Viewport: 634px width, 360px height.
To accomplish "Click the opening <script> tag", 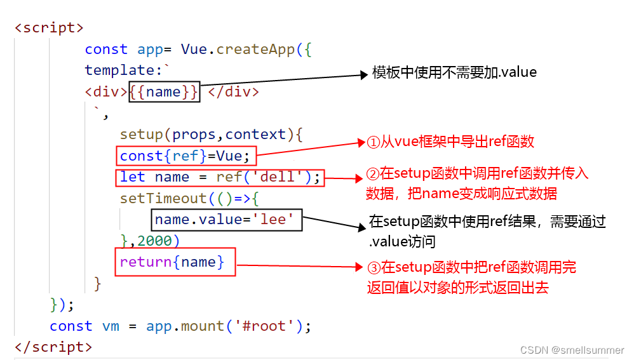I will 49,29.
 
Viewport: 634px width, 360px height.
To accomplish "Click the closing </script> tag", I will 53,347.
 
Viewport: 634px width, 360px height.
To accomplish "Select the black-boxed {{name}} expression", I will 164,91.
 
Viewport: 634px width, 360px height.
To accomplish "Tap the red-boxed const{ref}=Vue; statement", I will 188,156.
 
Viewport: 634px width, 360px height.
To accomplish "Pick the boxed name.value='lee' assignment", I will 226,220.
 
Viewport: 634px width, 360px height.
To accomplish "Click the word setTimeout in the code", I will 163,199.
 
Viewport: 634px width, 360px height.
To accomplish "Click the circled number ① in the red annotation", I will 373,142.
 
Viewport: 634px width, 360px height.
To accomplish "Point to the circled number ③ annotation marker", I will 373,268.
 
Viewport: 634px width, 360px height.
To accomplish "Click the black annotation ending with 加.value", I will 454,72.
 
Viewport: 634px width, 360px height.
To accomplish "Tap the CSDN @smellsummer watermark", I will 572,350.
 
